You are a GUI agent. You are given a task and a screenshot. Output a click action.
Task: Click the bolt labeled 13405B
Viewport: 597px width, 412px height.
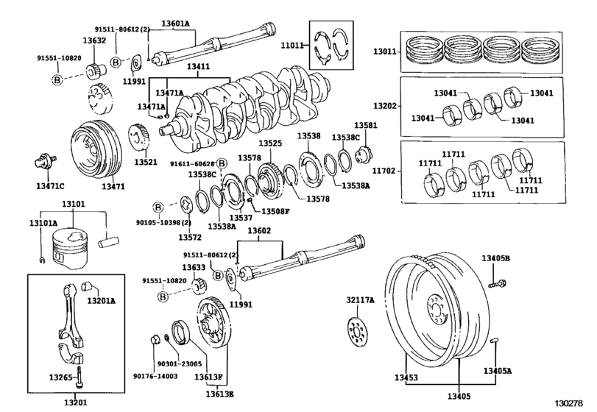coord(498,282)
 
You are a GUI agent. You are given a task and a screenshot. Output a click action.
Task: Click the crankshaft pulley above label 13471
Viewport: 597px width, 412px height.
coord(93,150)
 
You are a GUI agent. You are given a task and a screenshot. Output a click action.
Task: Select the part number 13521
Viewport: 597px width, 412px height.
coord(146,161)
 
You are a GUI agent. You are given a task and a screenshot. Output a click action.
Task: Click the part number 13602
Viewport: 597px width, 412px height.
coord(259,231)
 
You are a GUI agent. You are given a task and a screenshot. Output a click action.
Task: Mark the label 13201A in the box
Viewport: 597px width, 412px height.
coord(102,300)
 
